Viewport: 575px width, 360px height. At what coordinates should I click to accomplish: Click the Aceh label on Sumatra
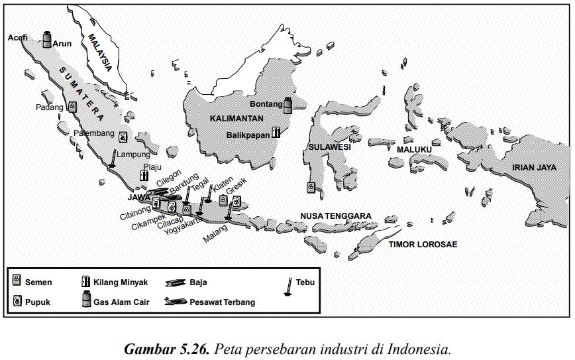(x=17, y=38)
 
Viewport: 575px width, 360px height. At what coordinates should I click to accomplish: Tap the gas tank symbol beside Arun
(x=47, y=39)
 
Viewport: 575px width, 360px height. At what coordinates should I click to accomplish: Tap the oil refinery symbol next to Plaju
(x=144, y=176)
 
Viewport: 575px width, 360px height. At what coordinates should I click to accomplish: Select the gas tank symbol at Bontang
(x=288, y=105)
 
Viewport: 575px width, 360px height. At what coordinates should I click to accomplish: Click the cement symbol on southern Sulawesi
(x=311, y=188)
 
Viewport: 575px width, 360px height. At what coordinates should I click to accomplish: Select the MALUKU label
(x=414, y=150)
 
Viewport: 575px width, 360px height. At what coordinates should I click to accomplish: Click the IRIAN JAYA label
(x=533, y=167)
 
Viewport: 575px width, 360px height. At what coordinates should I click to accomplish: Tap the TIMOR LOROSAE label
(x=423, y=244)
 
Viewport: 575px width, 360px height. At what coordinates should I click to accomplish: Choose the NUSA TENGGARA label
(x=335, y=215)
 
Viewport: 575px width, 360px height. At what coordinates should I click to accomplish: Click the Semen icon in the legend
(x=17, y=281)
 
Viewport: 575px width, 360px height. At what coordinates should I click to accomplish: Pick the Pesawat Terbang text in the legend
(x=222, y=302)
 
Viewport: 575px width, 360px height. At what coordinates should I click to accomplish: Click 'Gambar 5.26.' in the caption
(x=168, y=348)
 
